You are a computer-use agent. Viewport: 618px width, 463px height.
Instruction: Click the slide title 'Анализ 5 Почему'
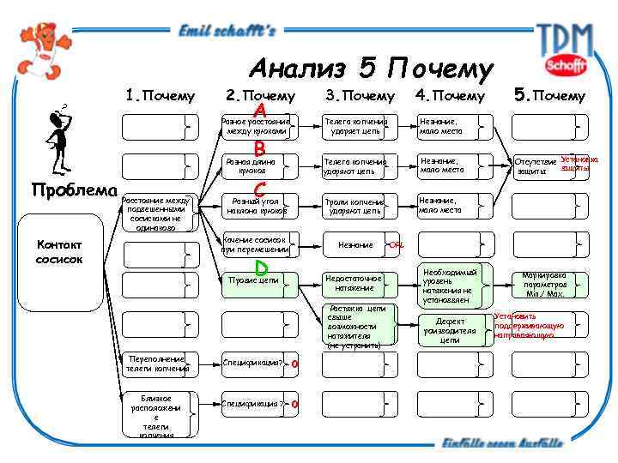click(372, 69)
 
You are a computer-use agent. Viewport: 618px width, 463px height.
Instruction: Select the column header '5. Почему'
click(549, 95)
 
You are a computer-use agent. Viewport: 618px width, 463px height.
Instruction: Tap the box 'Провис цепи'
click(257, 280)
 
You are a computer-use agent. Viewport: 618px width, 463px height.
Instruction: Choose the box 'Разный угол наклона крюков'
click(257, 206)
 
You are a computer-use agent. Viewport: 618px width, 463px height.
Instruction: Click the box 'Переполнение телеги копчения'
click(159, 364)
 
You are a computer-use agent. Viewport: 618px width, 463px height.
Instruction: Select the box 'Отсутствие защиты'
click(537, 166)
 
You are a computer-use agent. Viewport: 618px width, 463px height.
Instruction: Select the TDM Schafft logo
click(565, 48)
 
